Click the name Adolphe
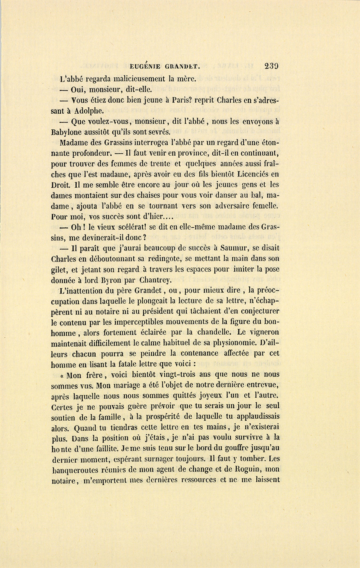(89, 111)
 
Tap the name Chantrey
(155, 280)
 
